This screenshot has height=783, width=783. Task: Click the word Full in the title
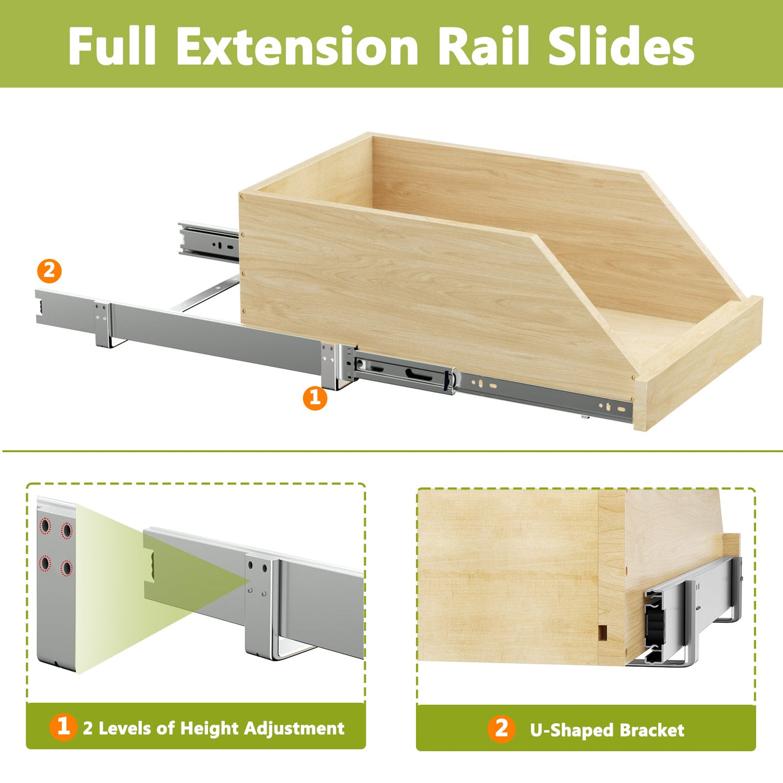[112, 45]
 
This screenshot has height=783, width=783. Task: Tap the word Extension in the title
[297, 45]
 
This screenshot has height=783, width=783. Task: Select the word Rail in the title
[483, 45]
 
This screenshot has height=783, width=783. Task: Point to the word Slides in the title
[622, 45]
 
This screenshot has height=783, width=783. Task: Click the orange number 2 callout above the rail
[49, 270]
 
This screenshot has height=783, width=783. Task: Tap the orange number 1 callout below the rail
[315, 398]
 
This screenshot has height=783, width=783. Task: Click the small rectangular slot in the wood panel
[603, 632]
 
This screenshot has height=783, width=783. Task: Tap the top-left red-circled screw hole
[45, 526]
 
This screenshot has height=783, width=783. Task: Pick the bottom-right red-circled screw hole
[66, 568]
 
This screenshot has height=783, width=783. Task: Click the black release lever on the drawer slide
[448, 381]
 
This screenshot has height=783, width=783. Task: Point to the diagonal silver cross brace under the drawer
[205, 294]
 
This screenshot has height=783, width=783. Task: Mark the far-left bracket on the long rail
[103, 324]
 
